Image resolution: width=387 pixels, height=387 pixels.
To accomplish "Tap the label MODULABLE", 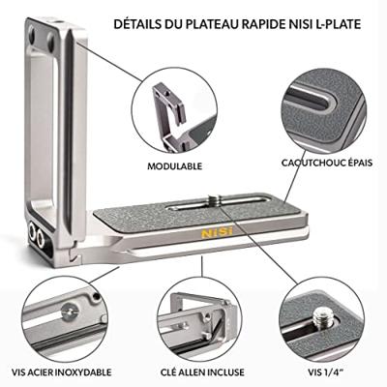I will click(x=175, y=165).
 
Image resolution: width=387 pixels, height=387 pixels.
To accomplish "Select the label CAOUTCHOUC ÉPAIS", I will click(x=327, y=163).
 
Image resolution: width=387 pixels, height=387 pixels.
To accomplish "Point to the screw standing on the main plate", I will click(x=215, y=199).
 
